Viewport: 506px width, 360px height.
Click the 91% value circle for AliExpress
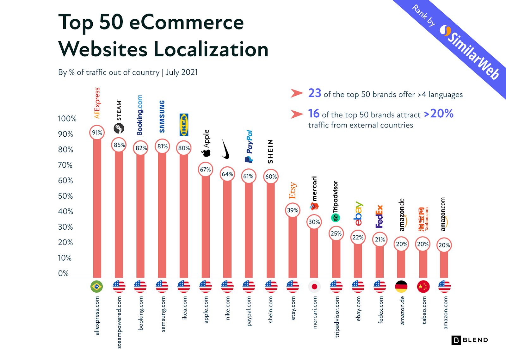click(97, 133)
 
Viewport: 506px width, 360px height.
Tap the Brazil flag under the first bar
click(96, 287)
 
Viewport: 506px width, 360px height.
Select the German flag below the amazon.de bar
click(401, 287)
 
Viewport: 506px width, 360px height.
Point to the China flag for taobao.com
click(423, 287)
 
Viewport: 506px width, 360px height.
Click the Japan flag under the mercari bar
click(314, 287)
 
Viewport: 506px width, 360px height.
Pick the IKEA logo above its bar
click(184, 125)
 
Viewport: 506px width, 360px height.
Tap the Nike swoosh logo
click(225, 149)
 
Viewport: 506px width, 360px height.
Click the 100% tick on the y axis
click(67, 119)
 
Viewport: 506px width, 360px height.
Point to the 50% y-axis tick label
click(65, 196)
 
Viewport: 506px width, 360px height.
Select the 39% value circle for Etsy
click(293, 210)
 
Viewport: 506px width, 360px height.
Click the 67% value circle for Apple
click(205, 170)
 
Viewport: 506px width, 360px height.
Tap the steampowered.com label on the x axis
click(119, 322)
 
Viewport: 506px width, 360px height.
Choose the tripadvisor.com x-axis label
click(336, 316)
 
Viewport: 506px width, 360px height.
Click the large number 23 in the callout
click(314, 93)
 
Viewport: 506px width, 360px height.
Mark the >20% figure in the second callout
click(439, 114)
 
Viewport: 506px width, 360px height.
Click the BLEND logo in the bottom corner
click(470, 340)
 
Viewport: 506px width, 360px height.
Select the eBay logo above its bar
click(358, 214)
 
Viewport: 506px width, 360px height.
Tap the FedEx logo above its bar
click(379, 216)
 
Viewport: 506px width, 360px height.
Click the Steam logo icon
click(119, 128)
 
